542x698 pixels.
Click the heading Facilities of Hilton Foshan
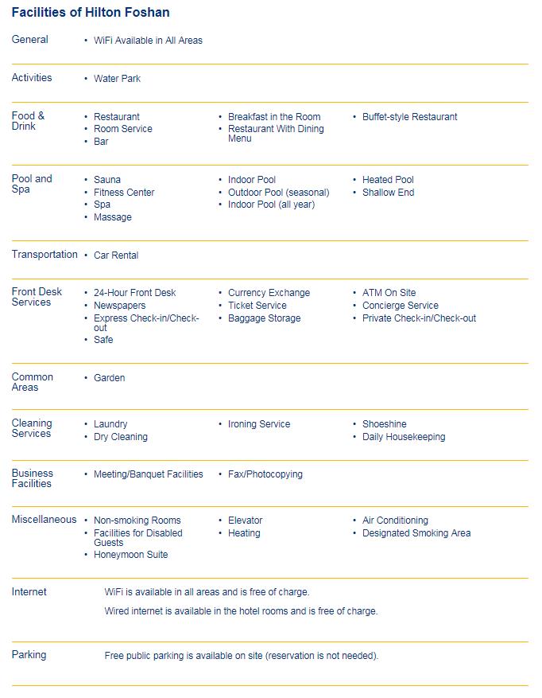point(91,13)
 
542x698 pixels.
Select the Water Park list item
point(117,79)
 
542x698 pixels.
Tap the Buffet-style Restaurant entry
point(409,117)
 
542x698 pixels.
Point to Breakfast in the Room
point(274,117)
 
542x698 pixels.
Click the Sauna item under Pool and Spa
point(107,180)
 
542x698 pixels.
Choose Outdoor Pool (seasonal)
point(278,193)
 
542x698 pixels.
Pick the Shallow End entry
point(388,193)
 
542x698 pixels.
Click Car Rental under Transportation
point(116,255)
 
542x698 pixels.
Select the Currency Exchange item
point(269,293)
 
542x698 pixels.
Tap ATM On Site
point(389,293)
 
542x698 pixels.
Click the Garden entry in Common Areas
point(109,378)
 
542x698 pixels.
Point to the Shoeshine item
point(384,424)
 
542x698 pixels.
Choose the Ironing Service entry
point(259,424)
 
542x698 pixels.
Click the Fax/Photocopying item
point(265,474)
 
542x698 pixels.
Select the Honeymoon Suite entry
point(130,555)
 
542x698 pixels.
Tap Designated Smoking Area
point(416,533)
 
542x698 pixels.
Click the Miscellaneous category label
point(44,520)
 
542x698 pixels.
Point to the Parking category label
point(29,655)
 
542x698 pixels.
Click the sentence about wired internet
point(241,611)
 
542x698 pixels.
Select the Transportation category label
point(45,255)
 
